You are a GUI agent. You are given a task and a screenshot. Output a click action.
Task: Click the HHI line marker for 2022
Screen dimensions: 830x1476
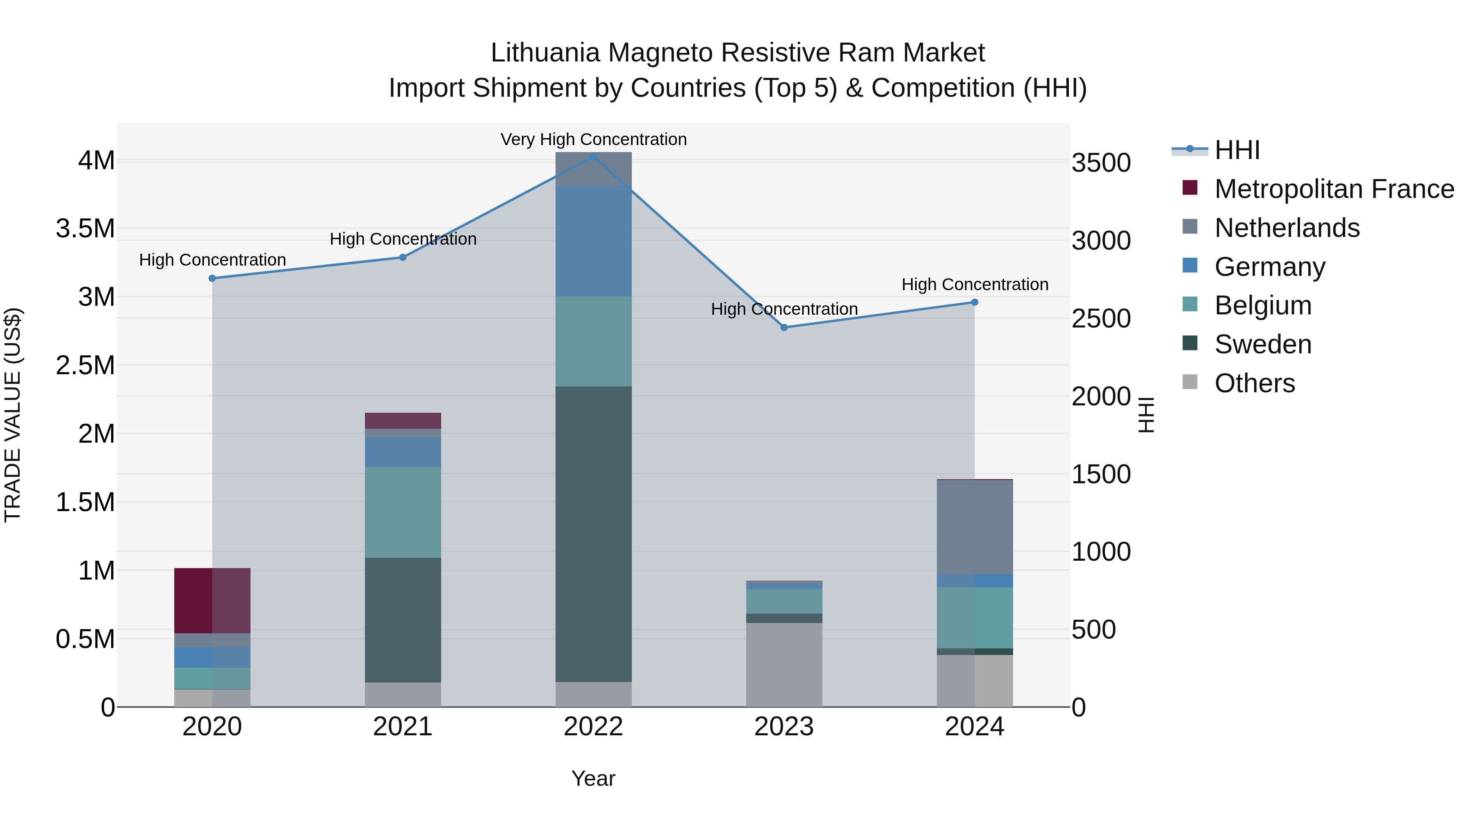point(594,157)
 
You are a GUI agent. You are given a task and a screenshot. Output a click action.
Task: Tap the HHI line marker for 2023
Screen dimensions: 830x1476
point(784,327)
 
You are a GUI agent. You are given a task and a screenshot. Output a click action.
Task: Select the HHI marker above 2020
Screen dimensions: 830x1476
point(212,278)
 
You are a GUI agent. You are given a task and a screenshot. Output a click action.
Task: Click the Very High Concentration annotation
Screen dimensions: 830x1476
point(594,139)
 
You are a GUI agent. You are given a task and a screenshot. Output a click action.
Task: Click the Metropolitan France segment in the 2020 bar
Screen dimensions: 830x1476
point(212,600)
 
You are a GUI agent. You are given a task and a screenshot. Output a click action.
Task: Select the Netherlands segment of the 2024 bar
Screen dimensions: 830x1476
point(975,527)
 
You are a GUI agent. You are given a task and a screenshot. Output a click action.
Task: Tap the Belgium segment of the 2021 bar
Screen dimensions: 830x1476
point(403,512)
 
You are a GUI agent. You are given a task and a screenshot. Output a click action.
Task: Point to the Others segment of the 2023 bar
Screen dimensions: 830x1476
point(784,664)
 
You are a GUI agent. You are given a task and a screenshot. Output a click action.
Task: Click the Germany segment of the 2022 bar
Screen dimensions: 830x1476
point(594,241)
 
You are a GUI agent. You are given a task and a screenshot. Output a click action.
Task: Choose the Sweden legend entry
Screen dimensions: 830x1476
point(1263,344)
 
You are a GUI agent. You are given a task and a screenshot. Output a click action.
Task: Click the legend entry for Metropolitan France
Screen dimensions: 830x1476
point(1334,189)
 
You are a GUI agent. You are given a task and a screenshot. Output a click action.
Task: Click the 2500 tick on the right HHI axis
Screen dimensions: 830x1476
point(1101,318)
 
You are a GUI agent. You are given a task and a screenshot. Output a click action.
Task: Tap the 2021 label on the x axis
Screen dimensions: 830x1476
point(403,727)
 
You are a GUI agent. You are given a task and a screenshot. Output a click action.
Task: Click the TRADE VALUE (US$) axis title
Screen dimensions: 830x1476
point(13,415)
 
